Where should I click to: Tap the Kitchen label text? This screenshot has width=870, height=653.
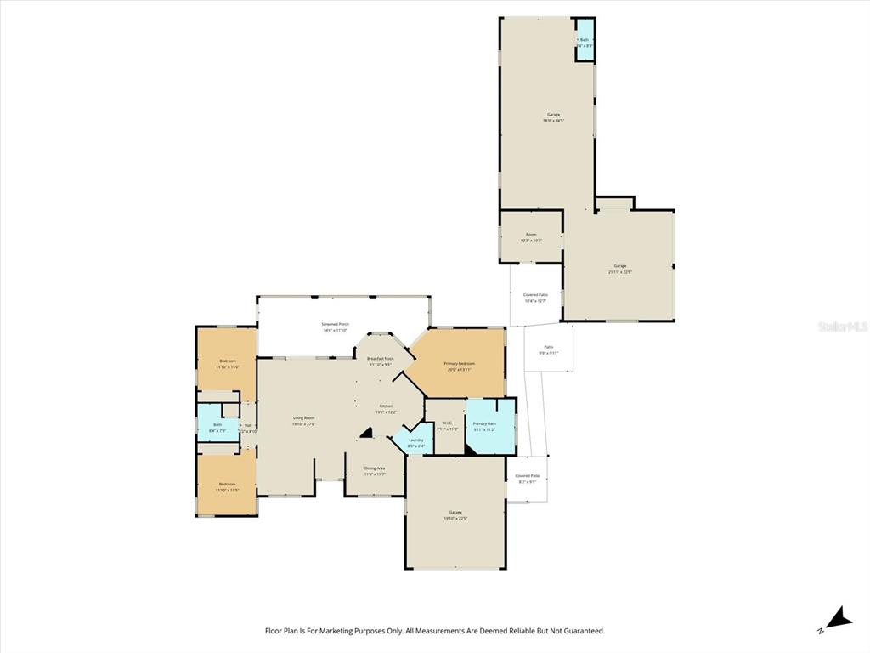pos(387,409)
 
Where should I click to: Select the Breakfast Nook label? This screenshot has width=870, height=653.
pos(381,361)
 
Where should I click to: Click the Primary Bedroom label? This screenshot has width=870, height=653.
pos(459,366)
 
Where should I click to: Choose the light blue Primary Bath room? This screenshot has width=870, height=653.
pos(485,426)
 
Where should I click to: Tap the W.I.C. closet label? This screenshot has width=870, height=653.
pos(447,426)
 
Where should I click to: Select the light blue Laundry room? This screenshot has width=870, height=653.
pos(415,442)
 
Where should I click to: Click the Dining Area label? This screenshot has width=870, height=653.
pos(375,471)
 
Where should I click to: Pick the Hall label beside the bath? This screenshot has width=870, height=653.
pos(249,429)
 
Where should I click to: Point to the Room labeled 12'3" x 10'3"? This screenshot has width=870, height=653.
pos(531,237)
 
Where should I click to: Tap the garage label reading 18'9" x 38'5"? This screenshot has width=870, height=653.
pos(553,117)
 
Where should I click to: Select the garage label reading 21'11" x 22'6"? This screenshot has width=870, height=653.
pos(620,269)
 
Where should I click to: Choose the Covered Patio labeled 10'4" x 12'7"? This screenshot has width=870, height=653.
pos(535,298)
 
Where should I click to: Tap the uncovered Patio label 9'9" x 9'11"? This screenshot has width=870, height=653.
pos(546,349)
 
